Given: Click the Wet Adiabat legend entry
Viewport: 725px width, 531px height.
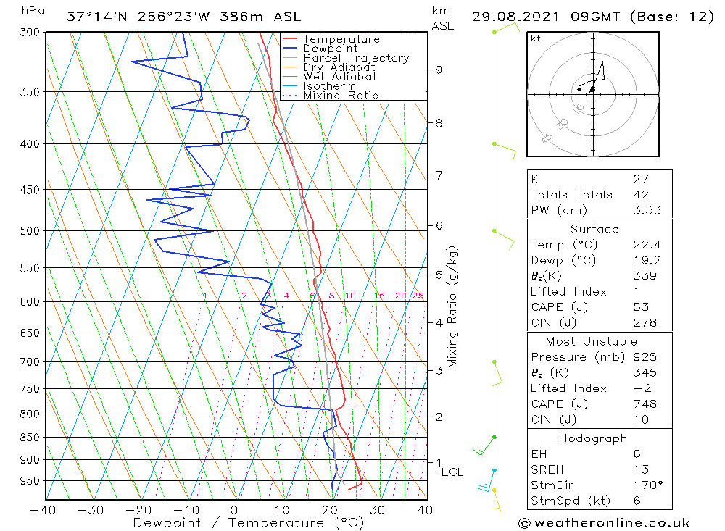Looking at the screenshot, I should click(x=339, y=77).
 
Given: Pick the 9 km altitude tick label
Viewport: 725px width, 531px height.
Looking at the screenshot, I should click(x=439, y=70).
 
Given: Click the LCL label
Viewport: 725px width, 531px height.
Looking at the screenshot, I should click(x=452, y=472).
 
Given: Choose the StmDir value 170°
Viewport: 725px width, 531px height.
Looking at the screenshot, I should click(x=645, y=485).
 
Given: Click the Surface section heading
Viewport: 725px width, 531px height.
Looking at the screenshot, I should click(x=594, y=229).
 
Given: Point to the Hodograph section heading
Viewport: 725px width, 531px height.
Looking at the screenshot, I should click(x=593, y=438).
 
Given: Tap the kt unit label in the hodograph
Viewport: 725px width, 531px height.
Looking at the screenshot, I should click(x=536, y=38).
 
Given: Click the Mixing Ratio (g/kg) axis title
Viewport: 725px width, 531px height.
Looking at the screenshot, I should click(x=453, y=306).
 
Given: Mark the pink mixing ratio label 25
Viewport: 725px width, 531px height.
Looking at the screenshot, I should click(x=418, y=296).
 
